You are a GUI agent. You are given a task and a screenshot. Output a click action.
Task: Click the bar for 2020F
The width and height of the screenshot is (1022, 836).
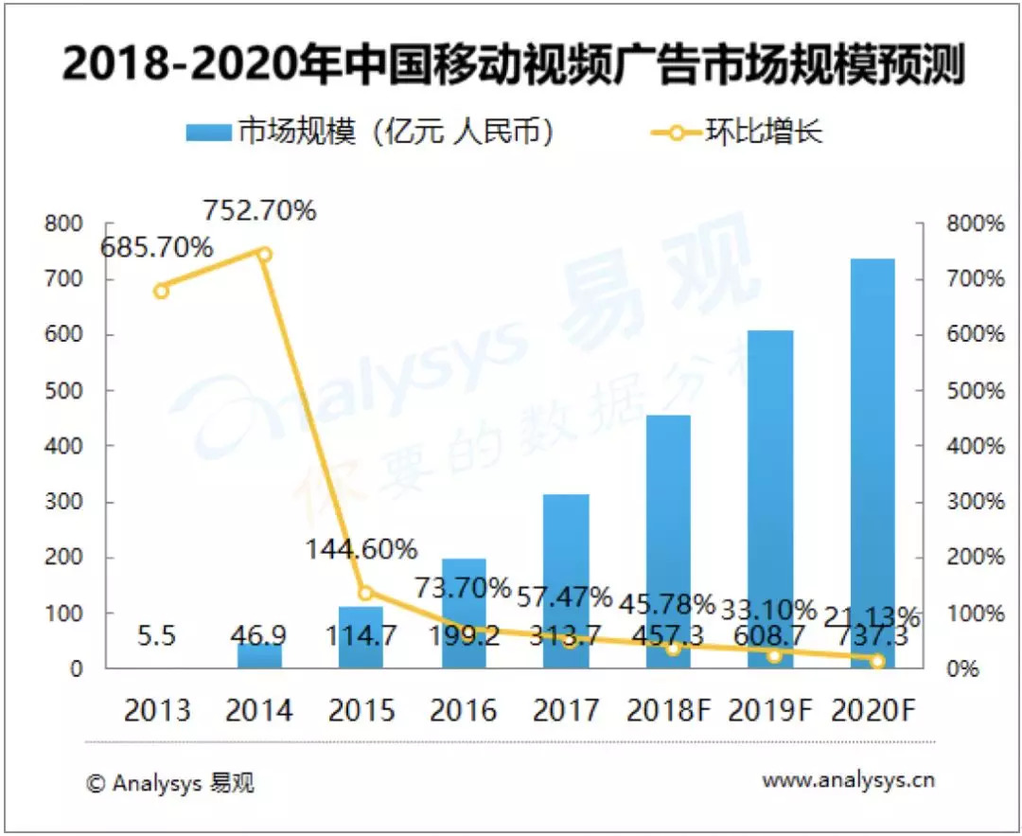pos(872,464)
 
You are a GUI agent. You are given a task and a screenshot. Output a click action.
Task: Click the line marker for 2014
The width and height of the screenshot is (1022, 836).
pos(264,254)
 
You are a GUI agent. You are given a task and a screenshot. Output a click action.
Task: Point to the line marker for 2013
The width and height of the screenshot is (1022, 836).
pos(161,291)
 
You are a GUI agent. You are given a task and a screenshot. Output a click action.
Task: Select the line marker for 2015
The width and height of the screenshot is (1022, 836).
pos(365,593)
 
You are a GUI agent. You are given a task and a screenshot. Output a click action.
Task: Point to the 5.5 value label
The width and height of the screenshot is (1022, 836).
pos(157,635)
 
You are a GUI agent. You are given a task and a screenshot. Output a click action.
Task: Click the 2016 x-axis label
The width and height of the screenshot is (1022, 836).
pos(464,709)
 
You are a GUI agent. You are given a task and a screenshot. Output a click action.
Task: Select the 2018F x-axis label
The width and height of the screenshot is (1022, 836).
pos(668,709)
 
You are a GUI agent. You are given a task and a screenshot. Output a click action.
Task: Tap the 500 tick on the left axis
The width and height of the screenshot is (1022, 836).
pos(65,390)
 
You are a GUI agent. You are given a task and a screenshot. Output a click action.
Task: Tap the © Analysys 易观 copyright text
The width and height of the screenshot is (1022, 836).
pos(170,783)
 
